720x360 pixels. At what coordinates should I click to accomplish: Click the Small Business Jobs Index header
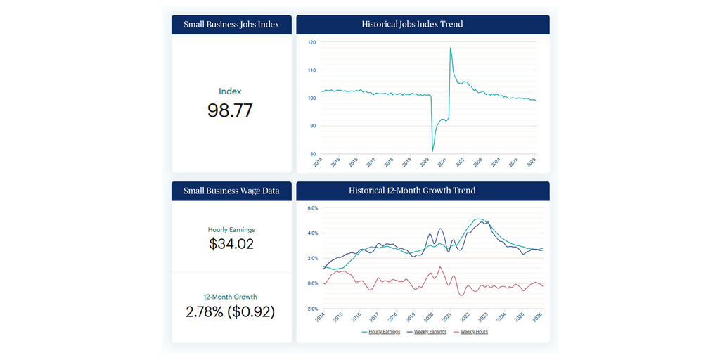[231, 25]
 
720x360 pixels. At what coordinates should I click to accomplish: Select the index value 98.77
[230, 110]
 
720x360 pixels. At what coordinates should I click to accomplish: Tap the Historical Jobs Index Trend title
[423, 25]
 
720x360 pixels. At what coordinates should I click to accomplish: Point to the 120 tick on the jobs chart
[311, 42]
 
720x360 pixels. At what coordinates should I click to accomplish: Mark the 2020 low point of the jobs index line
[432, 150]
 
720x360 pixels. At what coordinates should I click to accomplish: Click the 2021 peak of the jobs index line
[450, 48]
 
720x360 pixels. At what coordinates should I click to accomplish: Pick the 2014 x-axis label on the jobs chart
[318, 162]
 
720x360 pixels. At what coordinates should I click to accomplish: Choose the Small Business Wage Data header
[231, 191]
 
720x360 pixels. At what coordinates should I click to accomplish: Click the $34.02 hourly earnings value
[231, 244]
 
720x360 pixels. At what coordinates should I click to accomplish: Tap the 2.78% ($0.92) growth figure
[231, 311]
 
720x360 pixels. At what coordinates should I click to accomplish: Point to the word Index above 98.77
[230, 91]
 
